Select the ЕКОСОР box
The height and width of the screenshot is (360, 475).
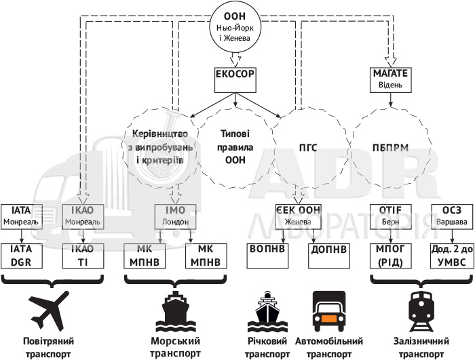236,80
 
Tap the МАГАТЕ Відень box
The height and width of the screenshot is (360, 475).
390,79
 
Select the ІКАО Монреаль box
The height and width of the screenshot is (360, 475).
83,216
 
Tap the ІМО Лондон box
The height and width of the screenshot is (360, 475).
176,216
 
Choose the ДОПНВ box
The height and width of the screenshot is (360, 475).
329,249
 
